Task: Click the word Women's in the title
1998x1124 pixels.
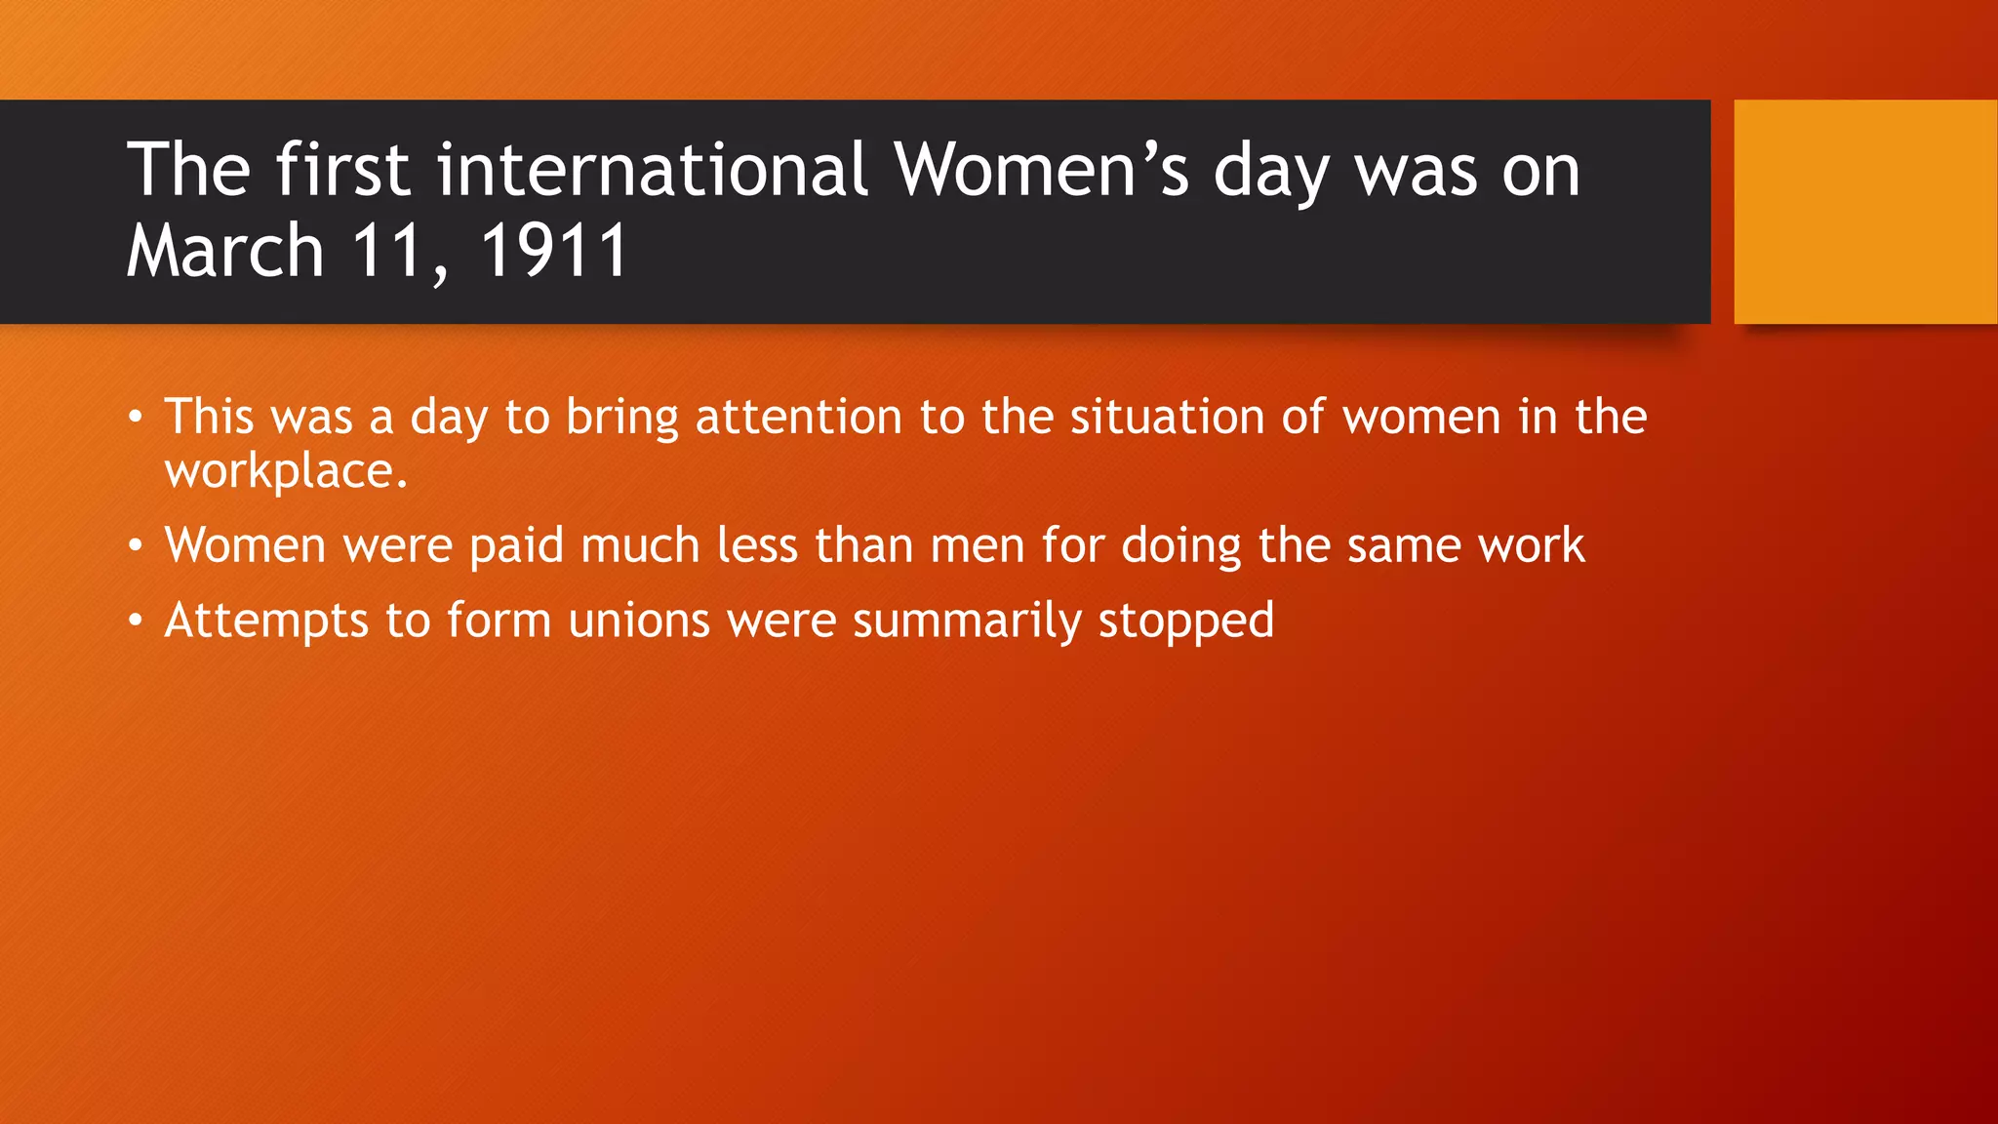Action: pyautogui.click(x=1042, y=171)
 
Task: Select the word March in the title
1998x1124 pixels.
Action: pyautogui.click(x=225, y=252)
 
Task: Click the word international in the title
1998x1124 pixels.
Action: pyautogui.click(x=652, y=171)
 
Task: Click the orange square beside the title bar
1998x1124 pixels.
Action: pyautogui.click(x=1865, y=212)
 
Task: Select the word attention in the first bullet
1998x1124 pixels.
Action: pyautogui.click(x=799, y=418)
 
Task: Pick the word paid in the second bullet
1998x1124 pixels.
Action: pyautogui.click(x=516, y=545)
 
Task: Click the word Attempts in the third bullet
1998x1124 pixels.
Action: pyautogui.click(x=266, y=622)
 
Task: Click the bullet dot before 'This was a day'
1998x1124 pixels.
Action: pyautogui.click(x=136, y=419)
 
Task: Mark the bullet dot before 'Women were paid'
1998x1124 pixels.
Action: pyautogui.click(x=136, y=546)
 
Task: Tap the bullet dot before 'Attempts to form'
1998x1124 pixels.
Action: pyautogui.click(x=136, y=622)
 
